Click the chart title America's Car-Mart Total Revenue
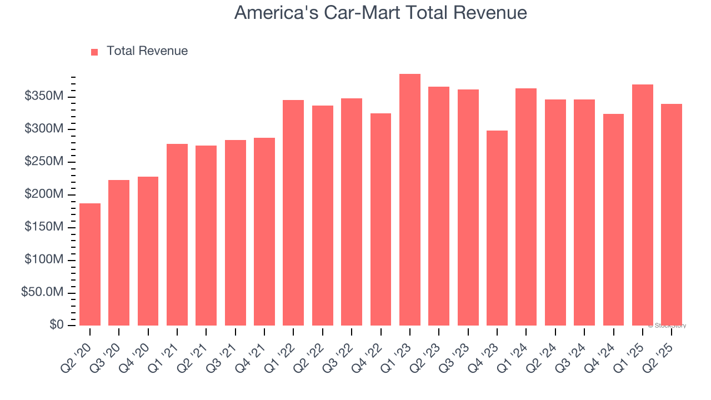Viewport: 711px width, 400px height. point(380,12)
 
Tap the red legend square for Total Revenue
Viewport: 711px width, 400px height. point(94,52)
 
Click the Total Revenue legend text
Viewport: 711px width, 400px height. point(147,51)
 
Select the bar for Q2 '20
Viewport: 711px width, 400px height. point(90,264)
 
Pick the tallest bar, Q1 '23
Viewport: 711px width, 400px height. point(410,200)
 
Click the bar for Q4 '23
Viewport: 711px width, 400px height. point(497,228)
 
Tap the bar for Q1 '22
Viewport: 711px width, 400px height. point(293,213)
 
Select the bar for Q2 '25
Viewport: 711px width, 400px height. point(672,214)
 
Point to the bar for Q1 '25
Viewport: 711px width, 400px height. point(643,205)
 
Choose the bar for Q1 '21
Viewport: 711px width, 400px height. point(177,234)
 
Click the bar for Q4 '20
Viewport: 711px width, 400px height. point(148,251)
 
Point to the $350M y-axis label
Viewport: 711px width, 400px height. point(44,97)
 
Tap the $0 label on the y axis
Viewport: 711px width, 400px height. point(56,324)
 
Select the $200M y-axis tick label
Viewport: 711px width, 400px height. point(44,194)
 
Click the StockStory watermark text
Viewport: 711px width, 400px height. point(667,326)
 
